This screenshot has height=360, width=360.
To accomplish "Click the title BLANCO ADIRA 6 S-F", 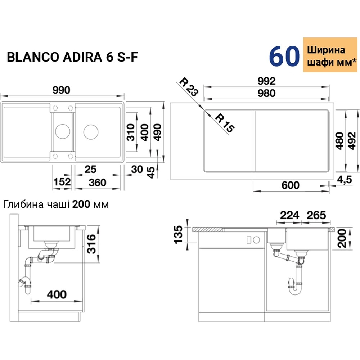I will [x=72, y=57].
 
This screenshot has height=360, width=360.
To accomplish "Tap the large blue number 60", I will [x=284, y=57].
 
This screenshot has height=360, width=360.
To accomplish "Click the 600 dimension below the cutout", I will [x=290, y=185].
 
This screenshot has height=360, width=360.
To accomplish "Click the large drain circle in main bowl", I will [x=91, y=131].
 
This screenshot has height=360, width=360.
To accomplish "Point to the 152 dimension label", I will [x=62, y=182].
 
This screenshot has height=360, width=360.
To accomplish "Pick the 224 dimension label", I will [x=290, y=215].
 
